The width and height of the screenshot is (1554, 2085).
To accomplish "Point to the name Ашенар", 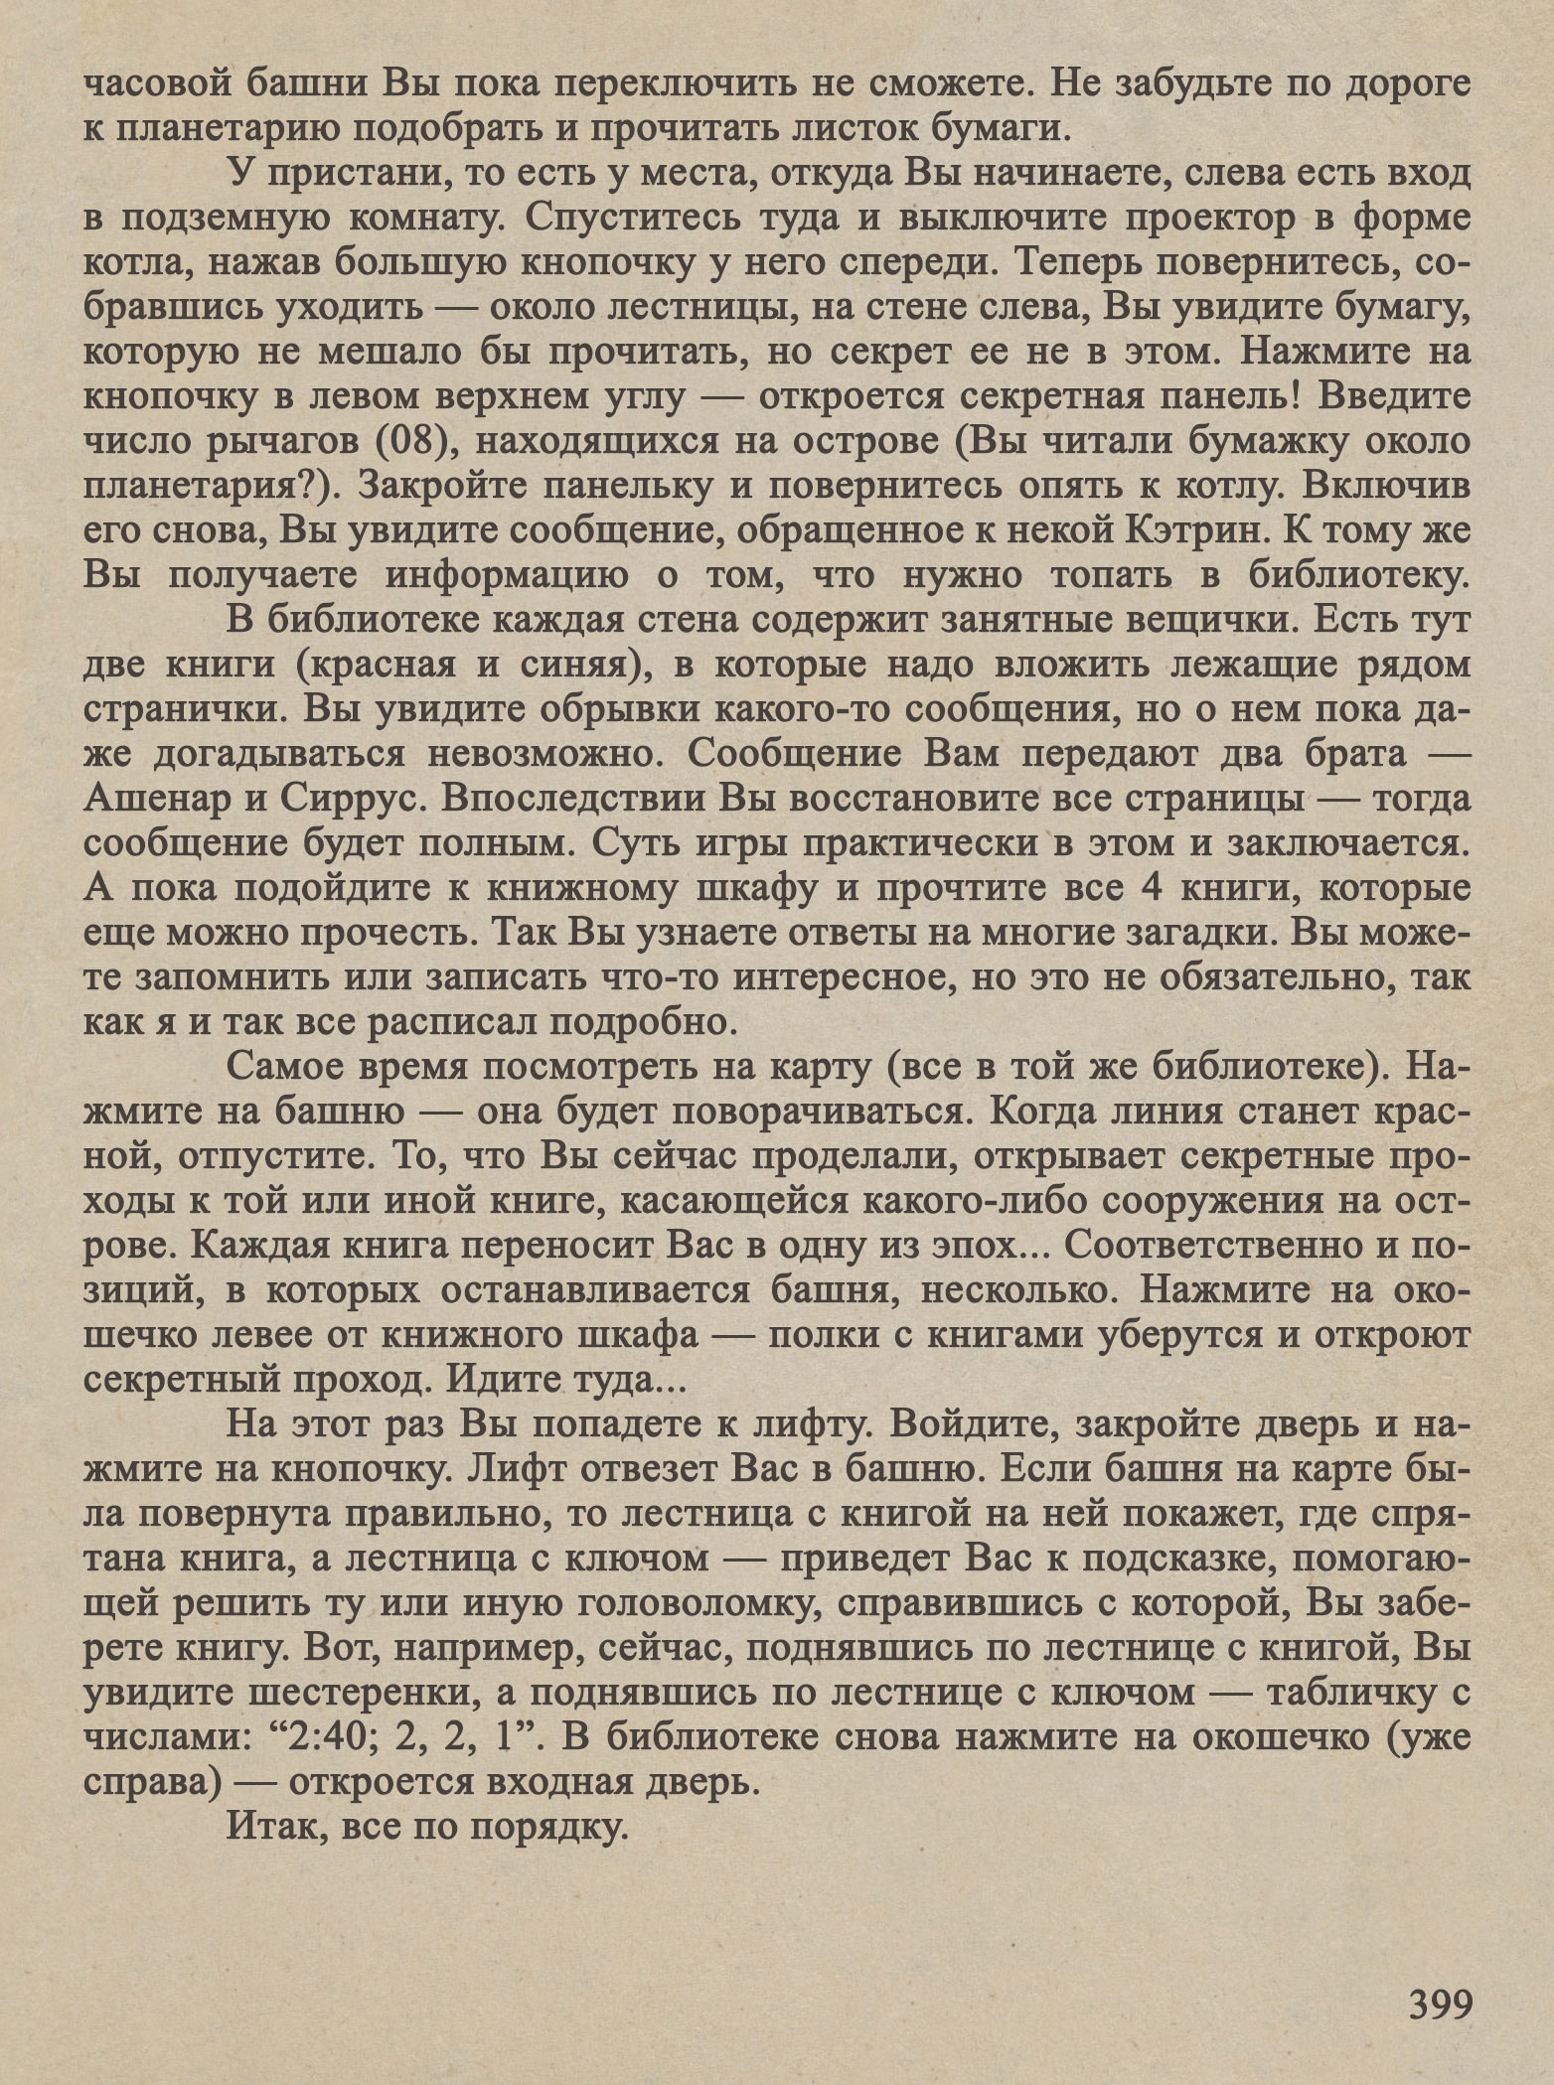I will click(x=152, y=799).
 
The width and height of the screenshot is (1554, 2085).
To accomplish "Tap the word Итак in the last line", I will click(x=274, y=1826).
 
